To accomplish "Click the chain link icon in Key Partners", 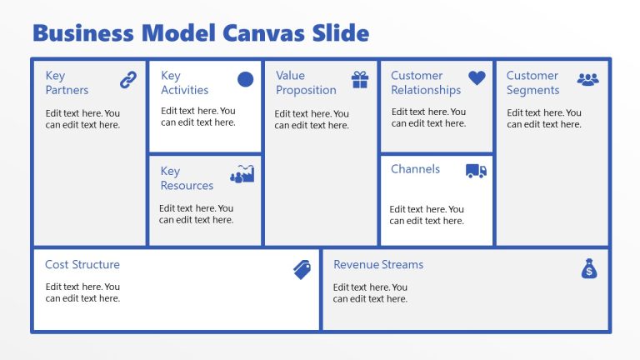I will pyautogui.click(x=127, y=80).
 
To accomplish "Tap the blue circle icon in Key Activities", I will pyautogui.click(x=245, y=79).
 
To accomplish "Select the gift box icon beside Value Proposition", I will pyautogui.click(x=360, y=80).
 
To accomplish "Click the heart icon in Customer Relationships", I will pyautogui.click(x=476, y=78).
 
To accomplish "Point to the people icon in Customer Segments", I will pyautogui.click(x=588, y=79).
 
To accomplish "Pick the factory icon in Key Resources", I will pyautogui.click(x=242, y=174).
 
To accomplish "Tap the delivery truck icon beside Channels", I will pyautogui.click(x=476, y=171).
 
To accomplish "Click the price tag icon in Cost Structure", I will pyautogui.click(x=302, y=269).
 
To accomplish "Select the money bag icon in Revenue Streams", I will pyautogui.click(x=589, y=268).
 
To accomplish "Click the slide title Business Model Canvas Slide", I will pyautogui.click(x=200, y=33).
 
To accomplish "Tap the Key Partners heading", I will pyautogui.click(x=67, y=82).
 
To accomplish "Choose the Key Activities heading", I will pyautogui.click(x=184, y=82).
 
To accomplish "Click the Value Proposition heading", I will pyautogui.click(x=306, y=82).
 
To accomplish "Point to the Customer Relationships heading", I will pyautogui.click(x=426, y=82).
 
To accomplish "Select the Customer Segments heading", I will pyautogui.click(x=532, y=82).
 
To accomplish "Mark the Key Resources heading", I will pyautogui.click(x=187, y=178).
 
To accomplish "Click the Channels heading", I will pyautogui.click(x=415, y=169).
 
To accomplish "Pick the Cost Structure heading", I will pyautogui.click(x=82, y=265).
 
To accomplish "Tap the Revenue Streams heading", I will pyautogui.click(x=378, y=265).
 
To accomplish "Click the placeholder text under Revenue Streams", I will pyautogui.click(x=370, y=293).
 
